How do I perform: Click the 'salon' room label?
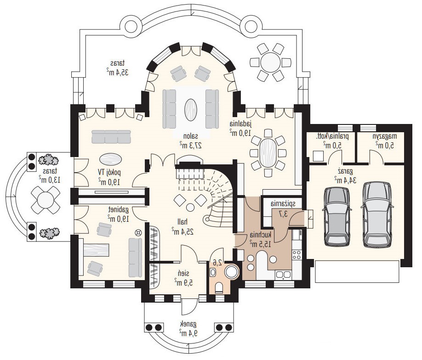pyautogui.click(x=191, y=136)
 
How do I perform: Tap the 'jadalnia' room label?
pyautogui.click(x=240, y=124)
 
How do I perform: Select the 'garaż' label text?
pyautogui.click(x=345, y=171)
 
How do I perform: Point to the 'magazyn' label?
pyautogui.click(x=385, y=136)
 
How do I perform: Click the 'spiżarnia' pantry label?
pyautogui.click(x=283, y=204)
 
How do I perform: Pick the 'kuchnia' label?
pyautogui.click(x=261, y=235)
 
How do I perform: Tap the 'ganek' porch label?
pyautogui.click(x=188, y=324)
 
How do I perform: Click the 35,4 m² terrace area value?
pyautogui.click(x=117, y=73)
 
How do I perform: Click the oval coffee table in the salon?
pyautogui.click(x=191, y=110)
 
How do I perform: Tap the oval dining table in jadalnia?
pyautogui.click(x=268, y=153)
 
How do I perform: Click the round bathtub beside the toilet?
pyautogui.click(x=231, y=271)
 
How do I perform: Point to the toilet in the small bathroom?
pyautogui.click(x=219, y=287)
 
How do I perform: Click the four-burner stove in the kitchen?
pyautogui.click(x=297, y=254)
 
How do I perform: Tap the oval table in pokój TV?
pyautogui.click(x=110, y=159)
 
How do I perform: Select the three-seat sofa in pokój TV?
pyautogui.click(x=111, y=137)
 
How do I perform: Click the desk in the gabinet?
pyautogui.click(x=96, y=250)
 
